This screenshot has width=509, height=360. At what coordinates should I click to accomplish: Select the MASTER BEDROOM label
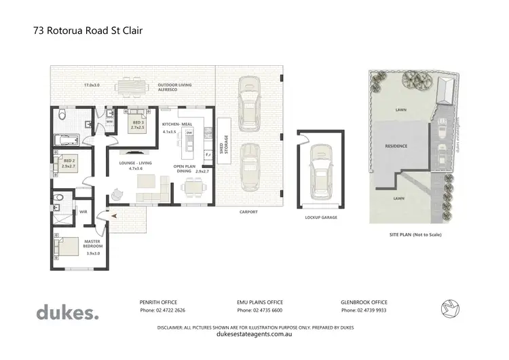pos(92,243)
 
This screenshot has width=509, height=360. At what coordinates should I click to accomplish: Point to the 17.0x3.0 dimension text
pos(92,85)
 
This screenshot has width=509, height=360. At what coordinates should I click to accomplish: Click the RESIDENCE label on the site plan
pos(396,146)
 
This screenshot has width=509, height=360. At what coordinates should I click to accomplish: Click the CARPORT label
pos(248,211)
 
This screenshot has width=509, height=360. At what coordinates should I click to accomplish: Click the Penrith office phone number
pos(160,310)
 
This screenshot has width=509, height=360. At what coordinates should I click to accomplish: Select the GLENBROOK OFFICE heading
pos(363,302)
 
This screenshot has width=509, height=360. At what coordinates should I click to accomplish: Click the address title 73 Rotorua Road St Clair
pos(87,30)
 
